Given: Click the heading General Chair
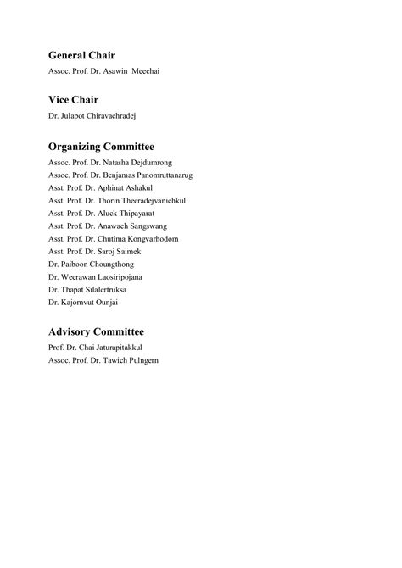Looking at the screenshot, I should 87,55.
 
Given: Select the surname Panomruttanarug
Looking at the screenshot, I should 165,175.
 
